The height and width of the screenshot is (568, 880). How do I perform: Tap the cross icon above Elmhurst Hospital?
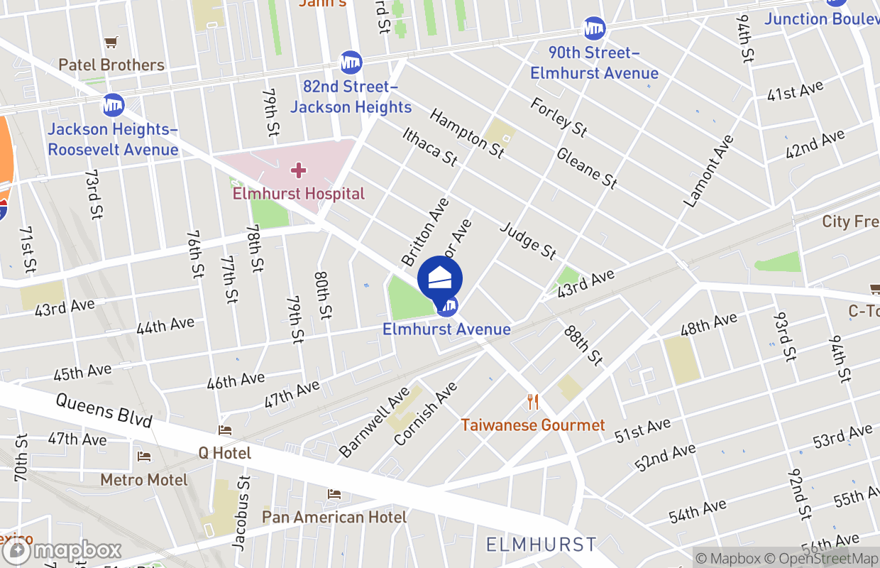pos(299,170)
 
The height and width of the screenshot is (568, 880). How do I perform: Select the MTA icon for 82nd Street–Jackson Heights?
pos(351,62)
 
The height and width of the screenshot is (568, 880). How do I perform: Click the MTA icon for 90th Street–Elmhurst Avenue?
pos(595,28)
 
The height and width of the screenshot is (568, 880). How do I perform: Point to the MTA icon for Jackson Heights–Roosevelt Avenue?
pos(113,105)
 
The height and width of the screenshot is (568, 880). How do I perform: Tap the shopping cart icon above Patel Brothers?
pos(111,43)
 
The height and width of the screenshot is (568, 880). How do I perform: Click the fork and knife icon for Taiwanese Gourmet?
pos(533,403)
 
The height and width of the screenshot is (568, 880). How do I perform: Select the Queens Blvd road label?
pos(104,410)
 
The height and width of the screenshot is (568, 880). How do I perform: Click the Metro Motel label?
pos(144,480)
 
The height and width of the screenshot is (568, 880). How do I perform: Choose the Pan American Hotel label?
pos(334,516)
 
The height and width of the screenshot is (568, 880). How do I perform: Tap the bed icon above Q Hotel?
pos(225,430)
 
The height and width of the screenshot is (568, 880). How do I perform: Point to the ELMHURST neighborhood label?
pos(541,545)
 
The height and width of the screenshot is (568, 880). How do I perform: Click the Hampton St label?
pos(466,133)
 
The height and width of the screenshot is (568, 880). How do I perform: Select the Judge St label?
pos(528,240)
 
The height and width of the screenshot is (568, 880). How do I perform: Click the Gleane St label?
pos(586,168)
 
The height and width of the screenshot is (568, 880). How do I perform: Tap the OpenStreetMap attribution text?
pos(826,558)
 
